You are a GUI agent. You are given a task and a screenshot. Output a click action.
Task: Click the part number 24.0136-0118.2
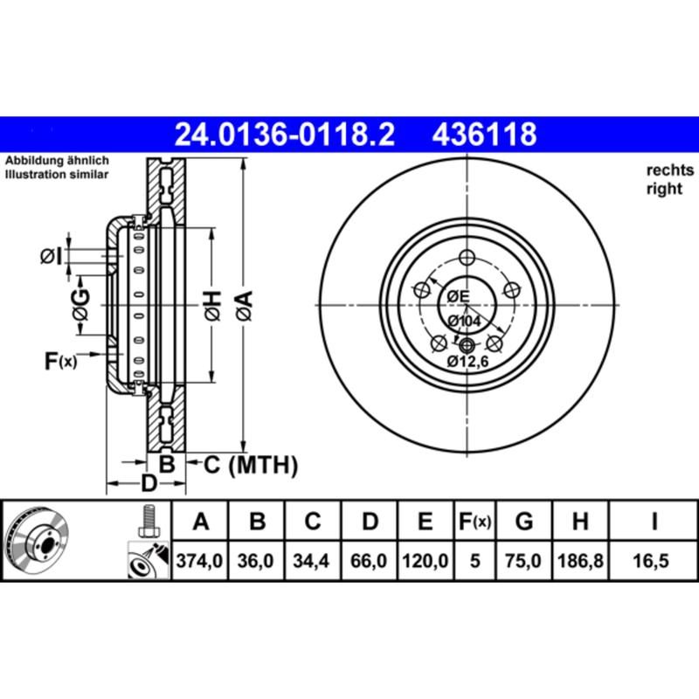click(x=285, y=135)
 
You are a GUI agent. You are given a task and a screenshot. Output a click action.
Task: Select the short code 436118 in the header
click(x=480, y=135)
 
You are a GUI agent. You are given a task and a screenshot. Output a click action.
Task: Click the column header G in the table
click(x=524, y=523)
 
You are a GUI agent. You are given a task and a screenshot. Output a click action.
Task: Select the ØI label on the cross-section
click(x=52, y=256)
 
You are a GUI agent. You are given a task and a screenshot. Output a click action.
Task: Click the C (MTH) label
click(x=251, y=466)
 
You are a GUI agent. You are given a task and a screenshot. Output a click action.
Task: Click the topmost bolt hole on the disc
click(x=466, y=257)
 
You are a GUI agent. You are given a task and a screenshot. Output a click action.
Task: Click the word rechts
click(x=669, y=170)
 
